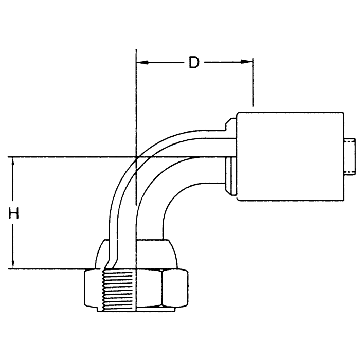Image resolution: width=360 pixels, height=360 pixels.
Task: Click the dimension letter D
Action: tap(194, 62)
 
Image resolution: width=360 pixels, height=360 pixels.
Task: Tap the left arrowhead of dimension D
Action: tap(141, 62)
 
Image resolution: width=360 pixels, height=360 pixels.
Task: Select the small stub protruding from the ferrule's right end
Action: tap(350, 157)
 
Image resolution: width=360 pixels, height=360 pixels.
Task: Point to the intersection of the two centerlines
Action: tap(135, 157)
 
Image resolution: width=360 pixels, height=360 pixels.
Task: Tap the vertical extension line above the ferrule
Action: tap(253, 87)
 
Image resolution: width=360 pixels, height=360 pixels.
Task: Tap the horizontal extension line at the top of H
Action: tap(62, 157)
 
